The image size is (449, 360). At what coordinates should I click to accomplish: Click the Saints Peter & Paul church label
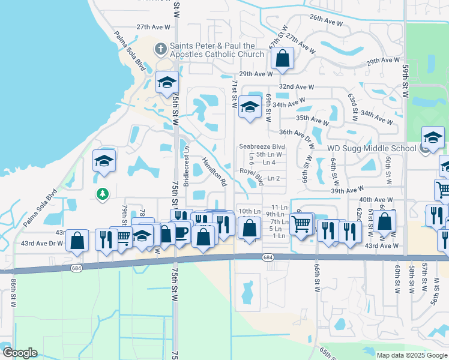[x=217, y=50]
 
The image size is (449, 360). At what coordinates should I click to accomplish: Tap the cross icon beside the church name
[x=160, y=48]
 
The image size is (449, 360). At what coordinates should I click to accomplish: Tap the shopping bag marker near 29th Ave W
[x=281, y=59]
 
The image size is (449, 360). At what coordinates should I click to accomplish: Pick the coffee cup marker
[x=181, y=232]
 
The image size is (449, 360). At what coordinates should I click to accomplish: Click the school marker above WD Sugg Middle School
[x=432, y=137]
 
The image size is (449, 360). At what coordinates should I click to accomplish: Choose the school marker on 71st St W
[x=250, y=107]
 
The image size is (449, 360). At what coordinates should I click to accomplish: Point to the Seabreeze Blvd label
[x=261, y=146]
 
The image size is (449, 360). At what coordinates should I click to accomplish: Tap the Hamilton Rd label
[x=214, y=171]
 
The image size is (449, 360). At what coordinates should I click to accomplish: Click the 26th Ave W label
[x=326, y=21]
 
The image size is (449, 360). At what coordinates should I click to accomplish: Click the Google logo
[x=20, y=352]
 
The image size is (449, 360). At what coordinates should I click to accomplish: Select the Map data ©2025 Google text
[x=411, y=355]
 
